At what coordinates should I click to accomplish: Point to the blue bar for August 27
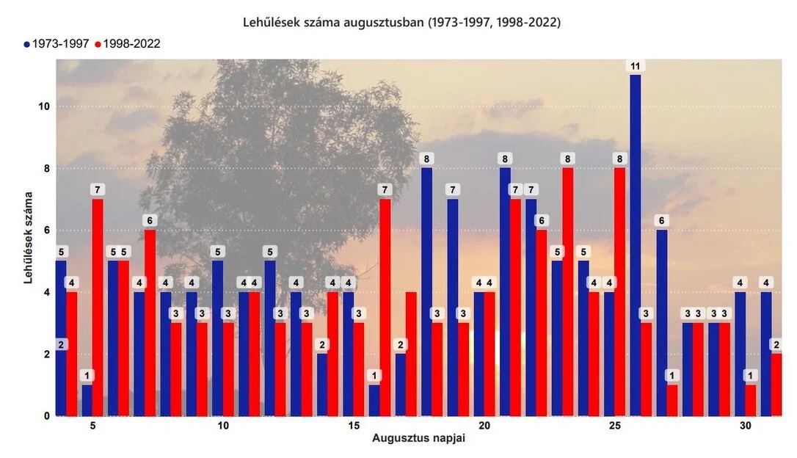(662, 323)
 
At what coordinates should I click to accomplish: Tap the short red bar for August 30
(750, 400)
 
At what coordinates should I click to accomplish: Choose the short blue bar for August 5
(87, 400)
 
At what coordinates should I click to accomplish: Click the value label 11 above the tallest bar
(636, 66)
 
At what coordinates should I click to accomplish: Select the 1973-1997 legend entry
(56, 44)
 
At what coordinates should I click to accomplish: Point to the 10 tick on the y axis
(43, 106)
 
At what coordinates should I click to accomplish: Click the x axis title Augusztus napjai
(418, 440)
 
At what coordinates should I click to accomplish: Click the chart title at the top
(401, 23)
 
